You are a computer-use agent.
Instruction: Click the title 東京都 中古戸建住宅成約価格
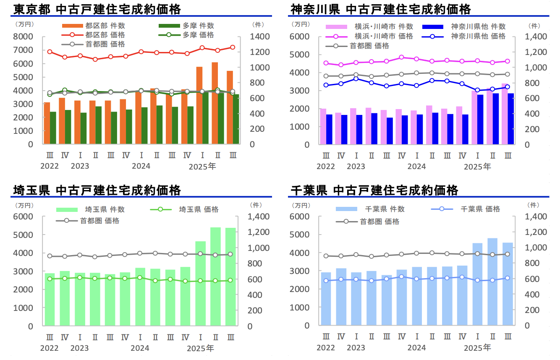97,9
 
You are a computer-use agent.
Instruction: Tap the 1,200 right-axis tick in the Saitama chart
259,232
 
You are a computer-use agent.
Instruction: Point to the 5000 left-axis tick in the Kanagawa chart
300,55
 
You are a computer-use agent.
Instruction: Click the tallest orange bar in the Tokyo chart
215,103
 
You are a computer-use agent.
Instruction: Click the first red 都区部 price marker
50,52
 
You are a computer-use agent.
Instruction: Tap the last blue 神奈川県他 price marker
508,87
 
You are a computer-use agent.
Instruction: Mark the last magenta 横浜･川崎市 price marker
508,61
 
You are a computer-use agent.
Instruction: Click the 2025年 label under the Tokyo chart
202,167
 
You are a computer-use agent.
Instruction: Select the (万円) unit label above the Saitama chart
21,206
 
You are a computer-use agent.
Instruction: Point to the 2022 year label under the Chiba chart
326,348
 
